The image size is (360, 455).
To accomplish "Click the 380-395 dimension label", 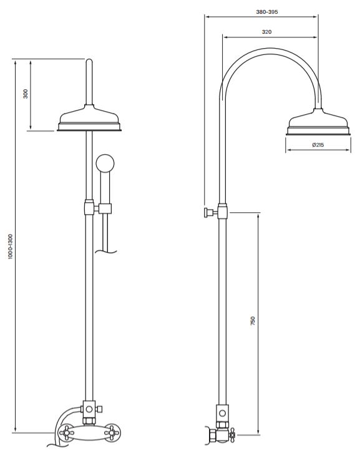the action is pyautogui.click(x=267, y=12).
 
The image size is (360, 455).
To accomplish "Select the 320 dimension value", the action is pyautogui.click(x=266, y=32).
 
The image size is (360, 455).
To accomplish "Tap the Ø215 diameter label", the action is pyautogui.click(x=318, y=145).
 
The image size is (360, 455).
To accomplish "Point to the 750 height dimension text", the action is pyautogui.click(x=253, y=321).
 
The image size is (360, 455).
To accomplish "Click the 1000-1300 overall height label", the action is pyautogui.click(x=11, y=247).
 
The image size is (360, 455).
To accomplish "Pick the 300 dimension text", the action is pyautogui.click(x=26, y=94).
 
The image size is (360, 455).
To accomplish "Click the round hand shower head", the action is pyautogui.click(x=105, y=163).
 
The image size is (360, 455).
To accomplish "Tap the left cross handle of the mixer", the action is pyautogui.click(x=66, y=433).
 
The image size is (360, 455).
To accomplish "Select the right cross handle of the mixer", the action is pyautogui.click(x=112, y=433).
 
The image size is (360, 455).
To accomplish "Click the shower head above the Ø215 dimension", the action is pyautogui.click(x=318, y=122).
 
